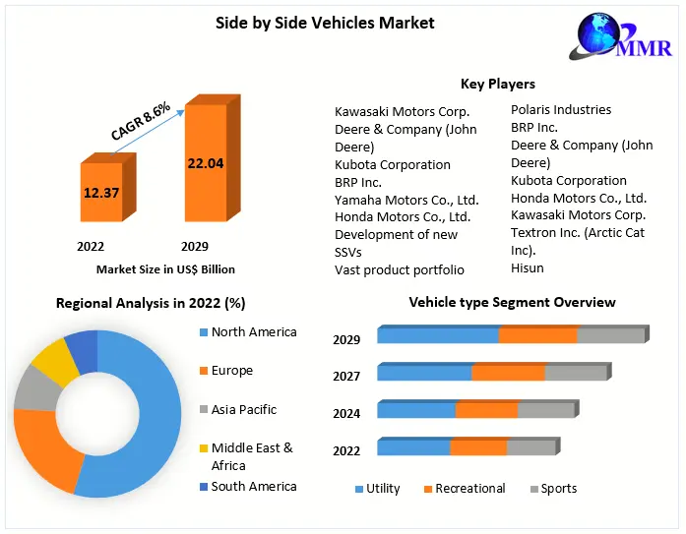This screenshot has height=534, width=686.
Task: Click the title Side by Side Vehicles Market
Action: coord(325,22)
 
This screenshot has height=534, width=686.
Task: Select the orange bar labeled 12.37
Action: coord(101,193)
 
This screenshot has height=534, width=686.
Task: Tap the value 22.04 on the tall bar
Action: coord(206,163)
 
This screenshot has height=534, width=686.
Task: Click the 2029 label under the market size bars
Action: coord(194,246)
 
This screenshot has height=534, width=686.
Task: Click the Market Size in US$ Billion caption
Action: coord(165,268)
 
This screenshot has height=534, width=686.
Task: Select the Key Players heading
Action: coord(498,84)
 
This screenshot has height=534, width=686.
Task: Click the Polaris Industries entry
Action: coord(561,109)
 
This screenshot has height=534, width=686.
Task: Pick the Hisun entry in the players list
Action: coord(528,267)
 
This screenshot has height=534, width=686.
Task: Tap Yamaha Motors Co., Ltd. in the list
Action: coord(406,199)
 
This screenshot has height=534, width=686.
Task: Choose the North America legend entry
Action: coord(253,332)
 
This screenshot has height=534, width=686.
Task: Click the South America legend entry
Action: coord(253,486)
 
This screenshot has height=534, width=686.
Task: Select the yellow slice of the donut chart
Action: coord(54,362)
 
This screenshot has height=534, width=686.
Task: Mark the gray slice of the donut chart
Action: coord(36,390)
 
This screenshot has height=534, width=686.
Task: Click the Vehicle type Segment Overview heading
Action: coord(512,302)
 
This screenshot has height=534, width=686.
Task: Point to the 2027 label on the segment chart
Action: coord(346,376)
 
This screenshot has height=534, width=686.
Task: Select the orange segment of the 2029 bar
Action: coord(537,335)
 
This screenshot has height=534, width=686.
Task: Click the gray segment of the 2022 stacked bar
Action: coord(530,447)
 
